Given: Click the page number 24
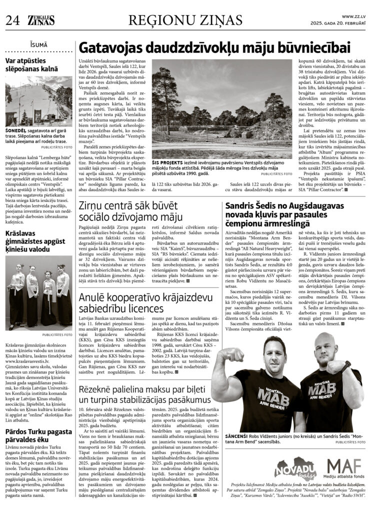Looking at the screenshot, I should click(x=12, y=19).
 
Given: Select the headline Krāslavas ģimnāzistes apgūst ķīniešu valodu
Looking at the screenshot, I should click(x=35, y=241).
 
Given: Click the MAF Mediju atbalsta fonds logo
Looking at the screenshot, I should click(x=346, y=468).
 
